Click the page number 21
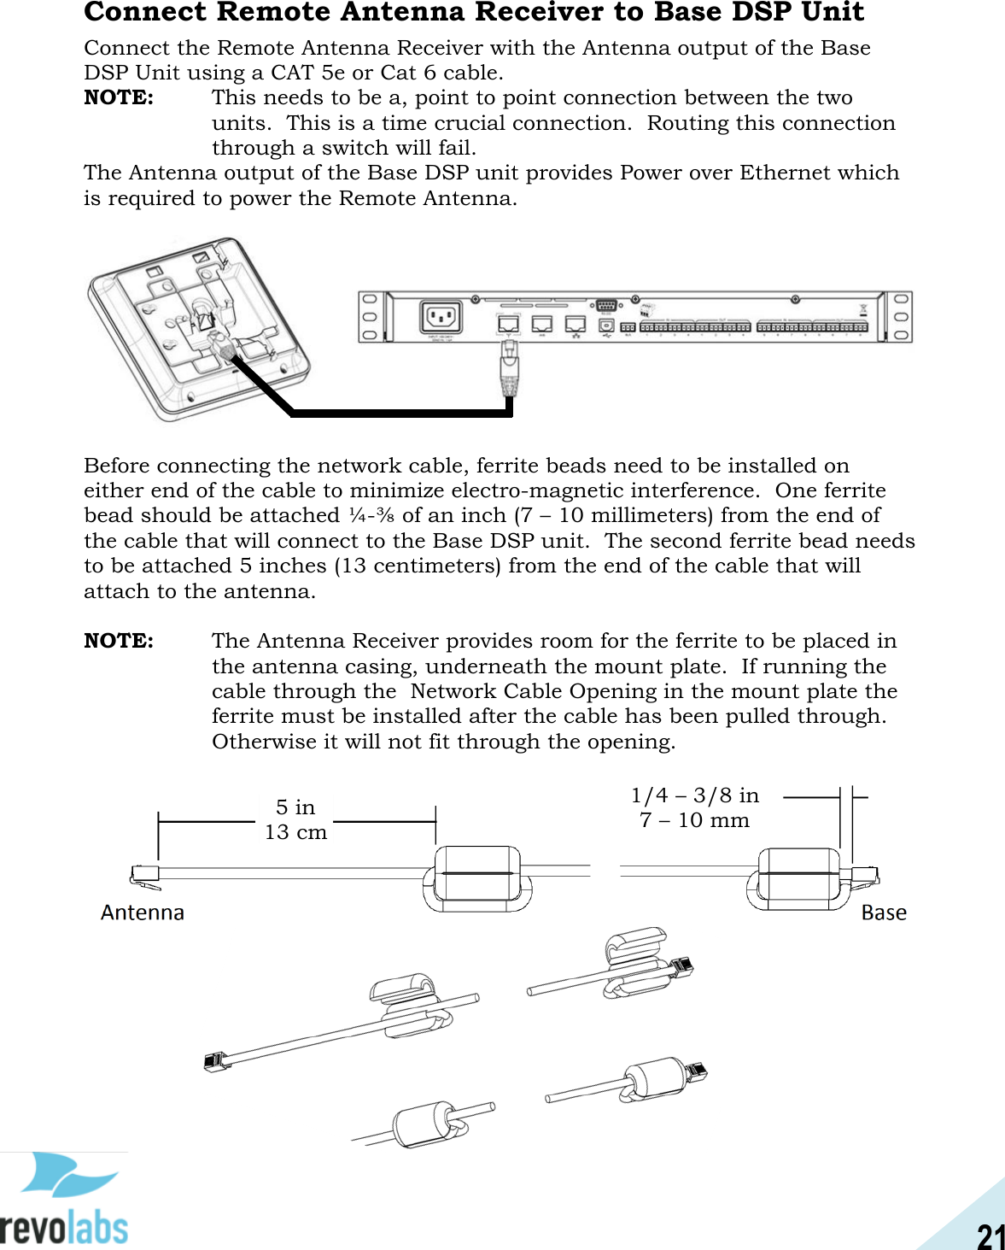tap(990, 1235)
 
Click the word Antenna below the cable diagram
tap(143, 913)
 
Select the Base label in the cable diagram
tap(884, 913)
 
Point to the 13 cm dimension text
tap(295, 832)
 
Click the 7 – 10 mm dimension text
tap(694, 820)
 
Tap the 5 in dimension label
tap(295, 807)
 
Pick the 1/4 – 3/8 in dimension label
tap(694, 795)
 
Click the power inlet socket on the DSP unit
tap(441, 318)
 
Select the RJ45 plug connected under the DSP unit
tap(509, 367)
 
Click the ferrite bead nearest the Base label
tap(799, 877)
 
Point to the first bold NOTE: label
tap(119, 97)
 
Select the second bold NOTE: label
tap(119, 641)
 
